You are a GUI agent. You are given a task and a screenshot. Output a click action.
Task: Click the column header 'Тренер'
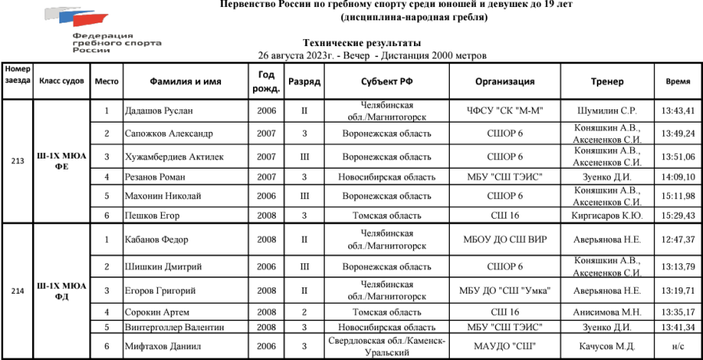tap(607, 81)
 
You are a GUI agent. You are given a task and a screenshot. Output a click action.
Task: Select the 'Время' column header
tap(677, 81)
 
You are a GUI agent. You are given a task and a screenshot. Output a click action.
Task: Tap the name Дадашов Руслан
tap(159, 111)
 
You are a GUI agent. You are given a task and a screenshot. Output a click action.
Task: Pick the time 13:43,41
tap(677, 111)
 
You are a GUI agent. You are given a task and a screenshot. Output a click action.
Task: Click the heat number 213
tap(16, 162)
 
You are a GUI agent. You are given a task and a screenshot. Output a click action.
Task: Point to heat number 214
tap(16, 290)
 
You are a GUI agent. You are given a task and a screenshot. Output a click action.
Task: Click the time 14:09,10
tap(677, 177)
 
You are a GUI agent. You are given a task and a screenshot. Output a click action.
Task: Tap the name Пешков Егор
tap(152, 215)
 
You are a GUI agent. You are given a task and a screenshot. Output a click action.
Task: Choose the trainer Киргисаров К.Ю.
tap(607, 215)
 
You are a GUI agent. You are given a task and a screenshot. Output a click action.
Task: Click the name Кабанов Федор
tap(158, 239)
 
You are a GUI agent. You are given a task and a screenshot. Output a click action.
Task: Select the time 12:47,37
tap(677, 239)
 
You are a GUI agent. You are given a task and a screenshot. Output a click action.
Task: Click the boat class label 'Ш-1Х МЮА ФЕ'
tap(62, 162)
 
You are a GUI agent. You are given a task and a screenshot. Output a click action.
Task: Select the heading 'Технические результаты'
tap(362, 44)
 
